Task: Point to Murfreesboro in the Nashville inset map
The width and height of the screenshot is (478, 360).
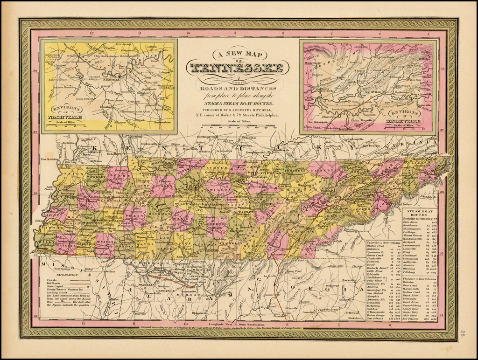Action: pyautogui.click(x=162, y=123)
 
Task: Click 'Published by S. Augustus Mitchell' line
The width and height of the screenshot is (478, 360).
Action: pyautogui.click(x=239, y=110)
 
